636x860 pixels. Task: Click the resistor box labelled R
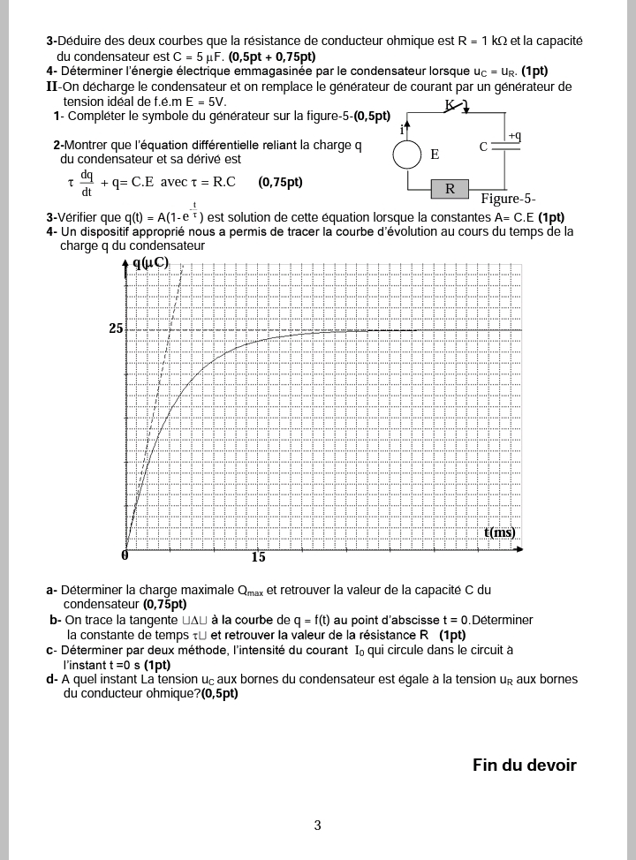point(450,188)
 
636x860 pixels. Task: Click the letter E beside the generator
point(435,155)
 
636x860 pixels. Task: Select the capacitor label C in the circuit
point(484,147)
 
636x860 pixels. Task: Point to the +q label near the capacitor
point(514,135)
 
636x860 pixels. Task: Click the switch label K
point(449,105)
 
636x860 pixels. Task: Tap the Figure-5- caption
point(508,199)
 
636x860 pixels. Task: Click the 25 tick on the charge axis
point(116,328)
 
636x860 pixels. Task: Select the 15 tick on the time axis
point(258,557)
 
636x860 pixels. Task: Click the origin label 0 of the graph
point(125,555)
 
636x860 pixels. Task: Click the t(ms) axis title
point(499,532)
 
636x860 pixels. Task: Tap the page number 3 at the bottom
point(317,826)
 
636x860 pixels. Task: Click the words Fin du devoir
point(524,765)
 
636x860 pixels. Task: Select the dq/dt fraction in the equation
point(86,183)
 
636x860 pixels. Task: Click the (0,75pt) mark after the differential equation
point(280,183)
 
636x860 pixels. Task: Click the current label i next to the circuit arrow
point(402,130)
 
